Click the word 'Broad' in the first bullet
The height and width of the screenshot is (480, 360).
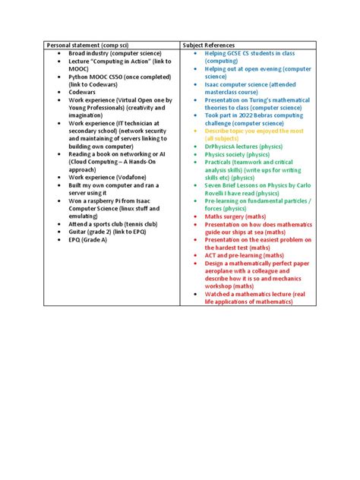tap(78, 55)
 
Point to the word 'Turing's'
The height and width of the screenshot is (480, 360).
tap(259, 99)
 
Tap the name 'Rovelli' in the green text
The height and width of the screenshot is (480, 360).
tap(218, 194)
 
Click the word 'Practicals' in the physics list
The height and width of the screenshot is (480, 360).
tap(223, 162)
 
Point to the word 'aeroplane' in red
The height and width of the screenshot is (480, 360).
tap(223, 270)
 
